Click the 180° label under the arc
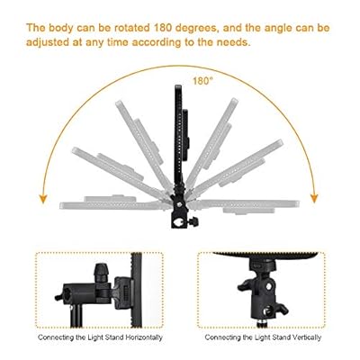pyautogui.click(x=202, y=81)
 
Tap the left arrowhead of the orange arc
pyautogui.click(x=44, y=199)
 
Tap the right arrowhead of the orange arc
pyautogui.click(x=314, y=198)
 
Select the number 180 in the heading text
pyautogui.click(x=163, y=28)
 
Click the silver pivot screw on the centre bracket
pyautogui.click(x=179, y=205)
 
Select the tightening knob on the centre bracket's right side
pyautogui.click(x=193, y=222)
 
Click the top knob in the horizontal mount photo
pyautogui.click(x=101, y=272)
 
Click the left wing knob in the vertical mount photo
pyautogui.click(x=246, y=285)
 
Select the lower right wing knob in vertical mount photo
pyautogui.click(x=280, y=309)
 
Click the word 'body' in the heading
pyautogui.click(x=61, y=29)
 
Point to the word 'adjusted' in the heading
pyautogui.click(x=48, y=42)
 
